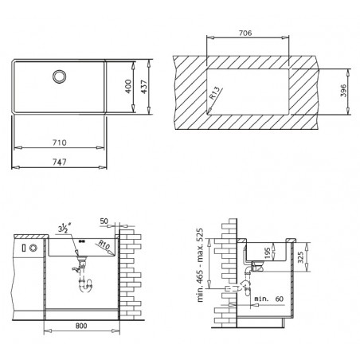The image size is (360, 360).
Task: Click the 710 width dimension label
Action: coord(59,143)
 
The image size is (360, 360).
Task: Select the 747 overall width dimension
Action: coord(59,162)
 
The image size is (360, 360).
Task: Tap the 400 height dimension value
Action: coord(128,87)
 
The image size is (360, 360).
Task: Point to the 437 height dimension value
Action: coord(143,87)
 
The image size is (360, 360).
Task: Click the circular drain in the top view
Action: coord(59,76)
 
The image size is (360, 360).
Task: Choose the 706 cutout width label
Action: coord(245,33)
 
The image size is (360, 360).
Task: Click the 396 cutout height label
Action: coord(343,91)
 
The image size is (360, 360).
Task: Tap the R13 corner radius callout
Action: coord(215,93)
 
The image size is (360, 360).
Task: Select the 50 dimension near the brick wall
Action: coord(104,221)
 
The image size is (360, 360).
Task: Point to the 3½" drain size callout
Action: coord(64,229)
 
